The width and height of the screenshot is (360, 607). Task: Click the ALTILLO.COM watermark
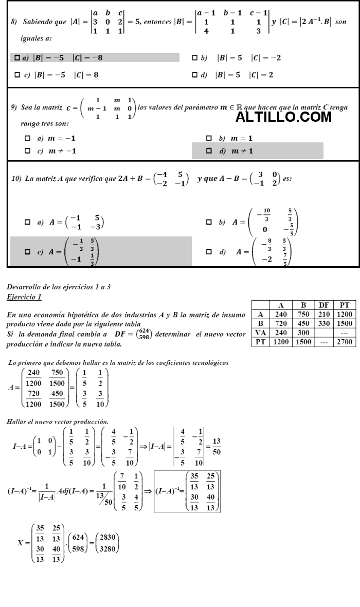284,117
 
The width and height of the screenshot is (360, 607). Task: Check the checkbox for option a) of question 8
17,58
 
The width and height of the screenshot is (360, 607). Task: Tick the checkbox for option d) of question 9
209,151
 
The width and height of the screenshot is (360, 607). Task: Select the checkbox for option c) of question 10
28,252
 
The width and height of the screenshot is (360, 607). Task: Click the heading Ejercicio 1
24,297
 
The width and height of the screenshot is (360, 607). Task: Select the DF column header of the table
324,305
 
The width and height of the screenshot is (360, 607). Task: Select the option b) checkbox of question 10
209,222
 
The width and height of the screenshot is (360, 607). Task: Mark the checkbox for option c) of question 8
17,75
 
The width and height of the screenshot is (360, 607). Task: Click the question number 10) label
16,178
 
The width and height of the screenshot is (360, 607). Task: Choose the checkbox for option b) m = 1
209,138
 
